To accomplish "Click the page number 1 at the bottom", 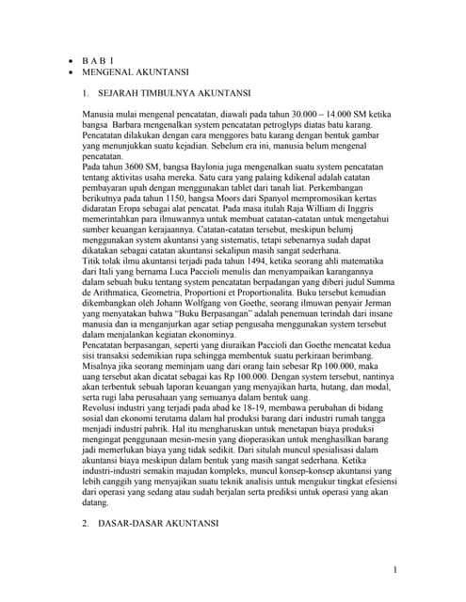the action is click(x=397, y=569).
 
